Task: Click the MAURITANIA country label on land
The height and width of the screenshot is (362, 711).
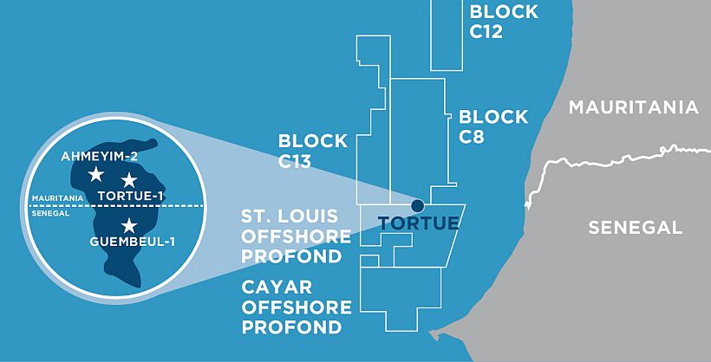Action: (x=633, y=107)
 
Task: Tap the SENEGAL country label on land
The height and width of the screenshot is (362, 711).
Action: (x=636, y=228)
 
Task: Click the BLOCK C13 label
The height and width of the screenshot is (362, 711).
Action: (x=312, y=150)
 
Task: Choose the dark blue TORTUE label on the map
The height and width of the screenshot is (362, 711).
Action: (x=418, y=223)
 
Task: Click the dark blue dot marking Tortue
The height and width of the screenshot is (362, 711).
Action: (x=417, y=205)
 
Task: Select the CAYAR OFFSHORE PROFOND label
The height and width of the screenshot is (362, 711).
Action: (x=297, y=307)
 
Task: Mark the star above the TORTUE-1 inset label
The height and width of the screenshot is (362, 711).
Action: (x=128, y=179)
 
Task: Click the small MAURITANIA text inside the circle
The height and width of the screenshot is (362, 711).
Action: (x=56, y=197)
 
